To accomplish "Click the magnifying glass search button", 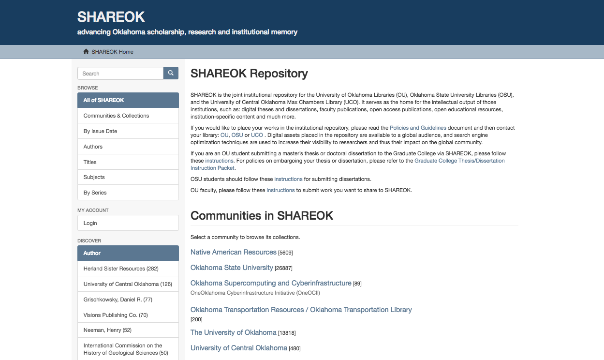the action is (x=171, y=73).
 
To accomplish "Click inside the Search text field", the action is (x=120, y=74).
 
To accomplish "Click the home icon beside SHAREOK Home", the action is (x=86, y=52).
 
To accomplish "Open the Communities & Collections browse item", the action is (x=116, y=116).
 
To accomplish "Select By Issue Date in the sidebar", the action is (x=100, y=131).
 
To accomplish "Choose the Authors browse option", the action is (x=93, y=147).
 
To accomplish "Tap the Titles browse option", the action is (x=90, y=162).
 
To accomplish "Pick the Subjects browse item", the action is (x=94, y=177).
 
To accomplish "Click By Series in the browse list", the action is (x=95, y=193).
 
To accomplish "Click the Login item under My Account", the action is (x=90, y=223).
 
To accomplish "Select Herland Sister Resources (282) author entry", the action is (x=121, y=269).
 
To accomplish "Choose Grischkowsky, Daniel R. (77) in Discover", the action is (x=118, y=300).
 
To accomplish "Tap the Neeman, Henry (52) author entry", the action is (x=107, y=330).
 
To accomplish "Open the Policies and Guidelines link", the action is (x=418, y=128).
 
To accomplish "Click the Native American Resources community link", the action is (x=233, y=252).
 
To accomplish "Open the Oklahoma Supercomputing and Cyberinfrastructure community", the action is (x=271, y=283).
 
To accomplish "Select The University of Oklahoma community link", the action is (x=233, y=332).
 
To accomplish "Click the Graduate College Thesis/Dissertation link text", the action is (x=459, y=161).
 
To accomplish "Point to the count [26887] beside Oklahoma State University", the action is (x=283, y=268).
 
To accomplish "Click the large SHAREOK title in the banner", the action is (x=111, y=17).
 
